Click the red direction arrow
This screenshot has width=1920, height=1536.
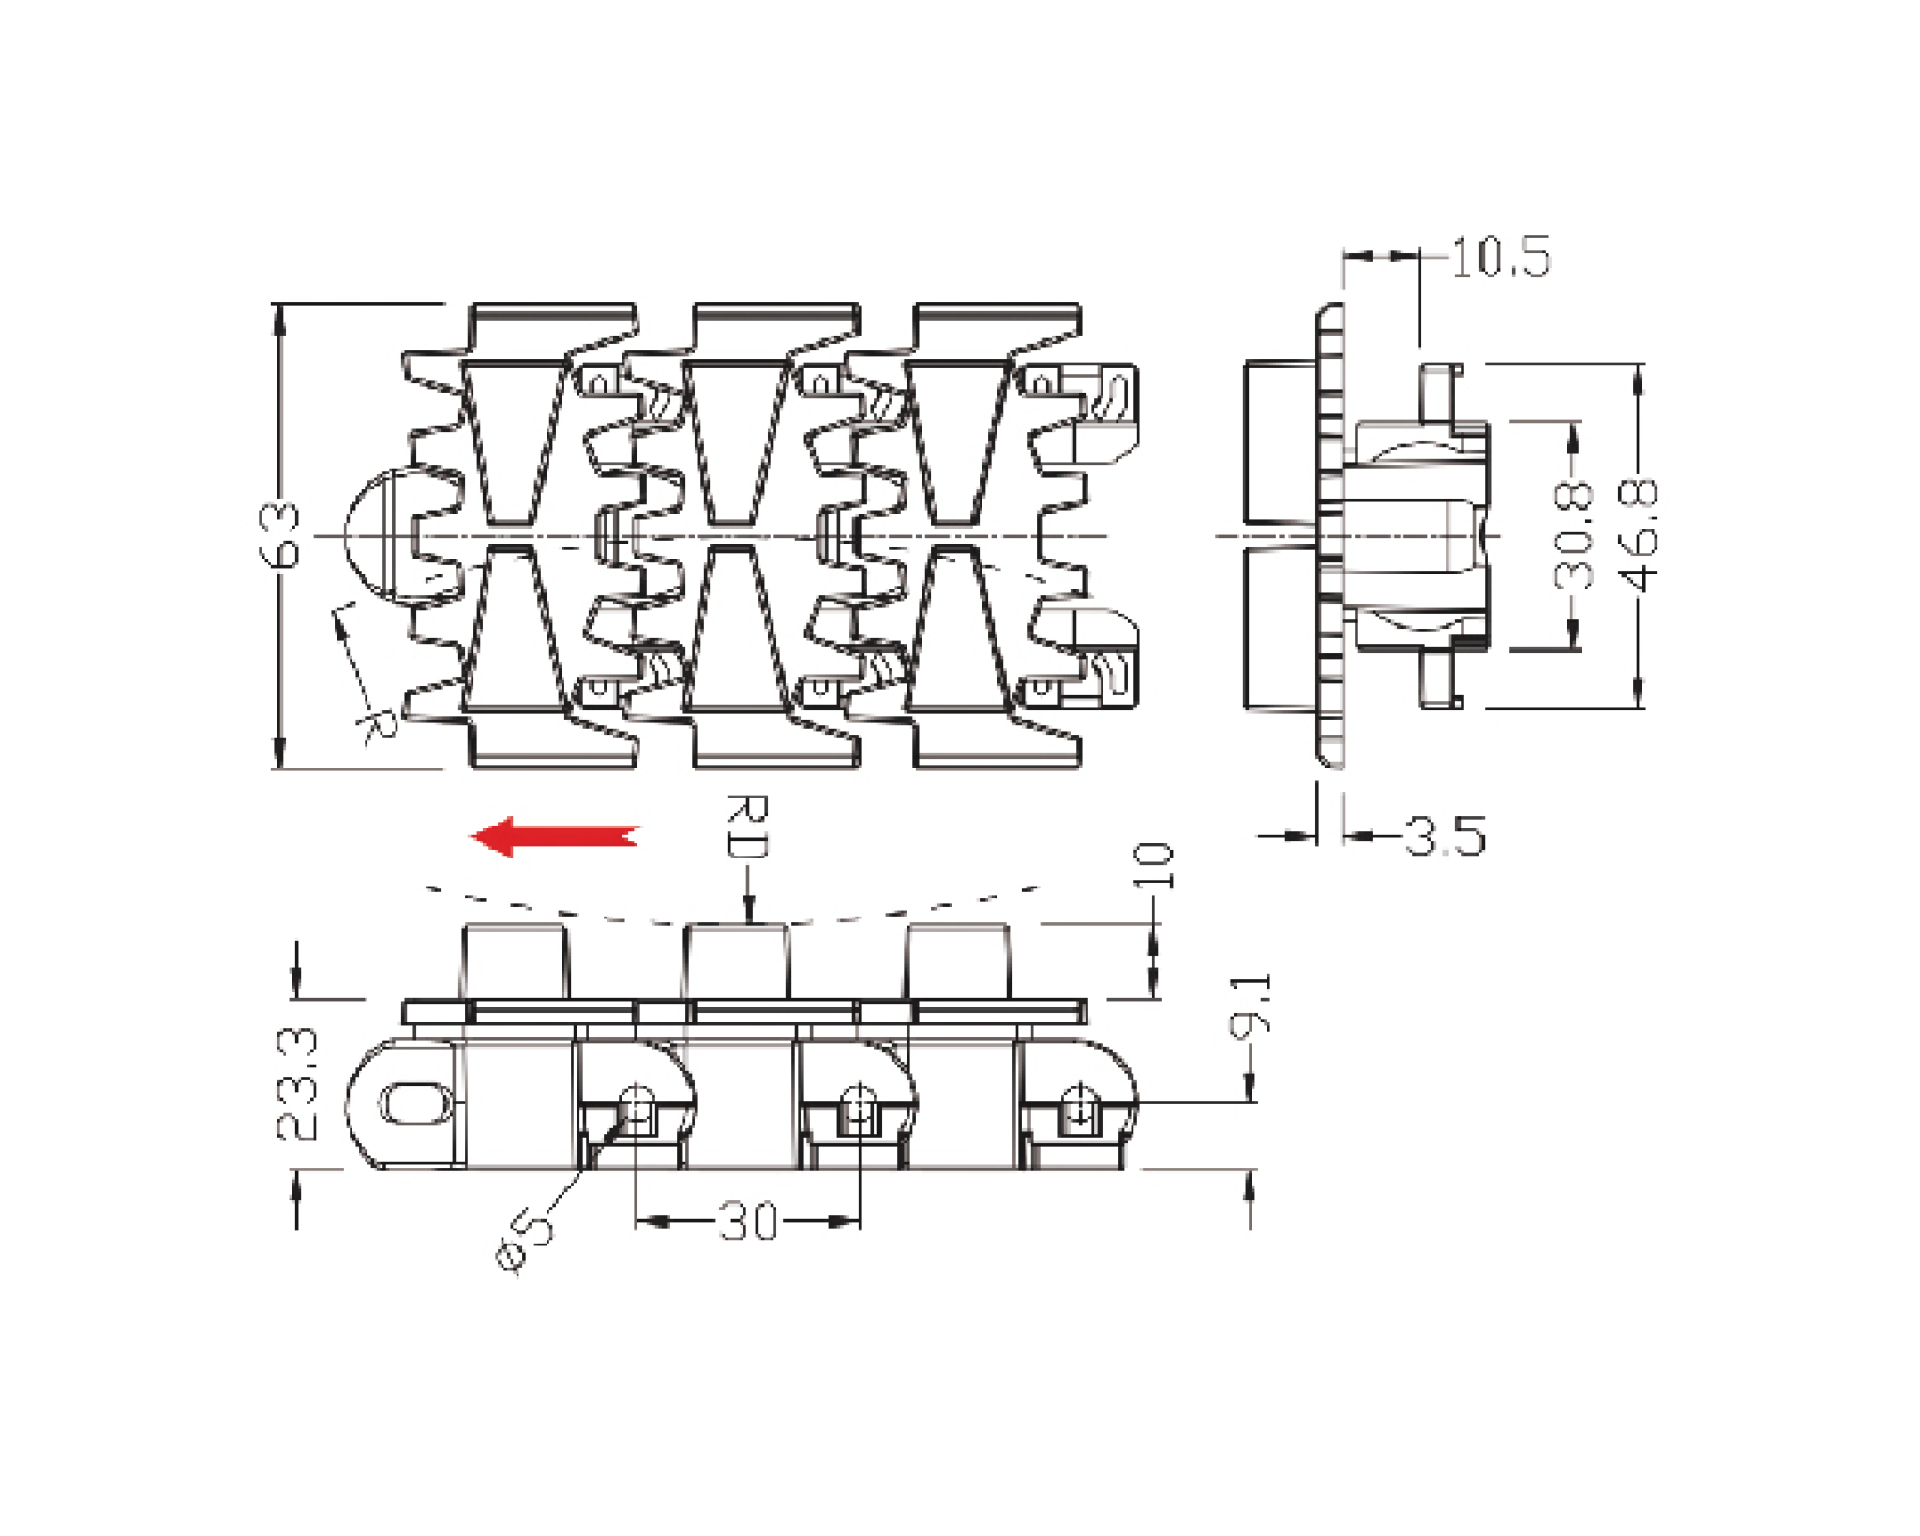(x=554, y=836)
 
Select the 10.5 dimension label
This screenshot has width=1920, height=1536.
(x=1500, y=258)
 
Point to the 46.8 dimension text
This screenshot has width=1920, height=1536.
(x=1640, y=535)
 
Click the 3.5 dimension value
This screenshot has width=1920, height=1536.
(x=1445, y=836)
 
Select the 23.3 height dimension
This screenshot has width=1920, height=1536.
(x=298, y=1084)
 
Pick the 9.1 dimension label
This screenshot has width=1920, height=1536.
(x=1251, y=1004)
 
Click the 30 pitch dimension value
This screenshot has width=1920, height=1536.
(x=748, y=1222)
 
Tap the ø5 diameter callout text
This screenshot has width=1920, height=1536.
(x=525, y=1240)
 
